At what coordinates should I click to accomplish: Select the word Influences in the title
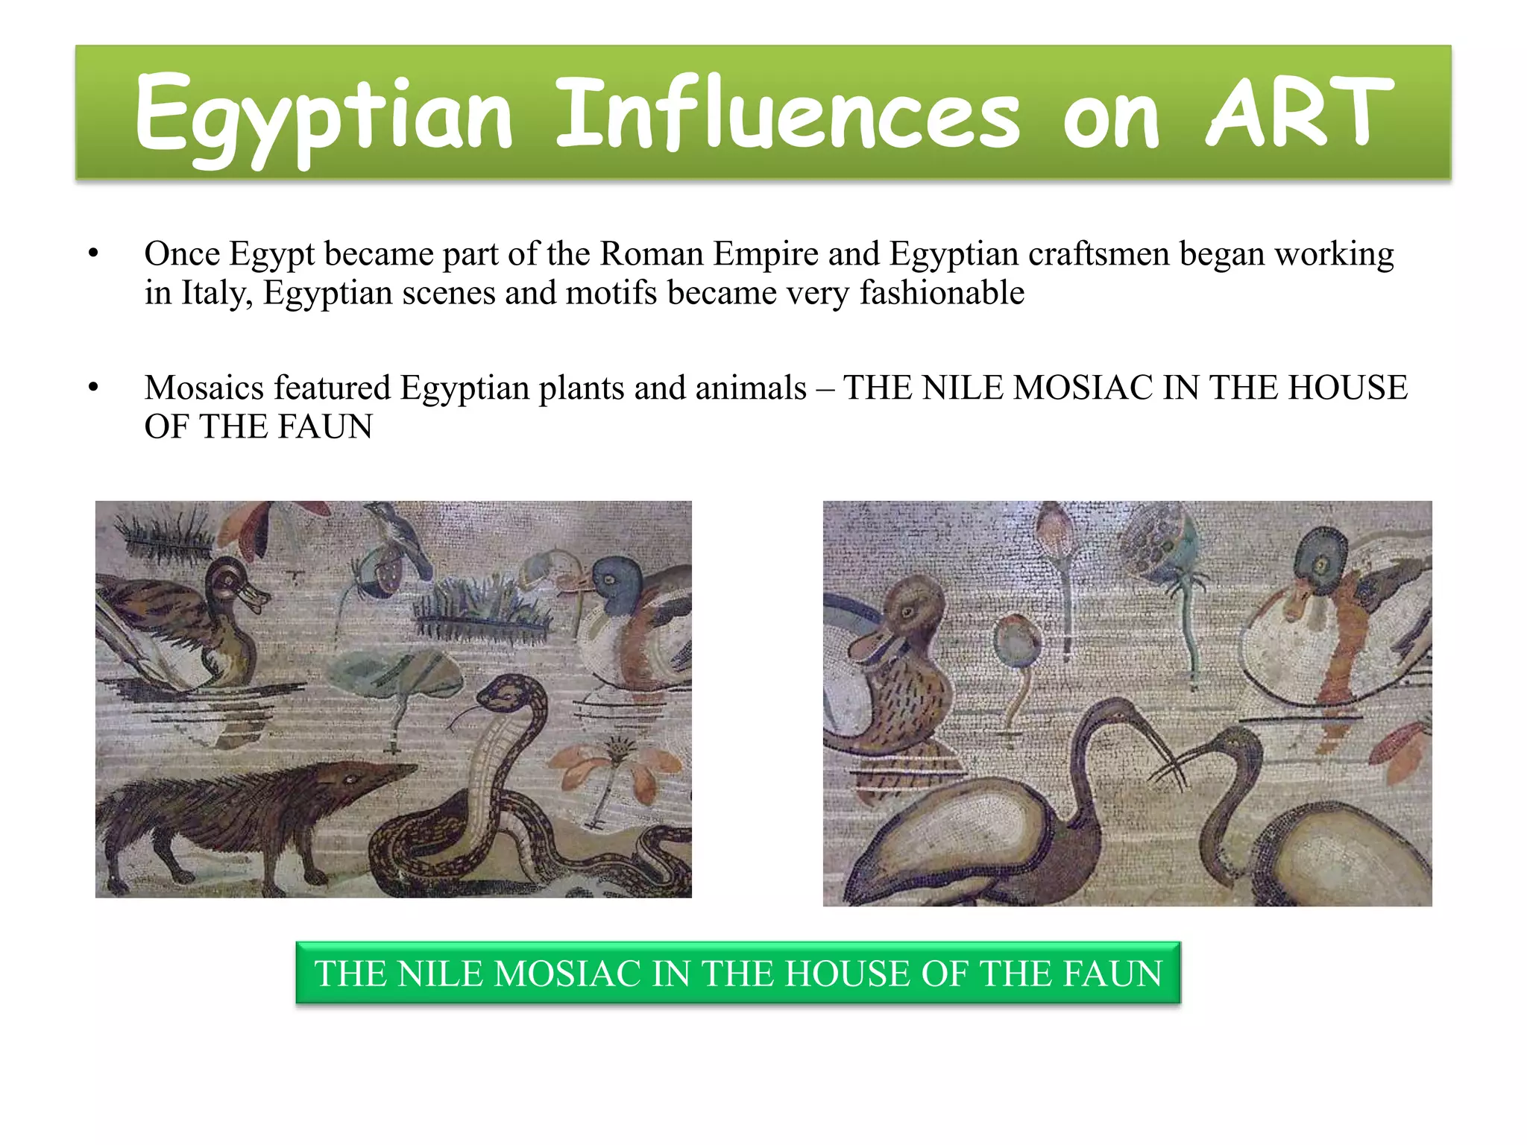pos(787,112)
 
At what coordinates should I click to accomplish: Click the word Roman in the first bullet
pos(652,254)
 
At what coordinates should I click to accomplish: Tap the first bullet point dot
pos(92,254)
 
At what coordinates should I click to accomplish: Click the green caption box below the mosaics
pos(737,973)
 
